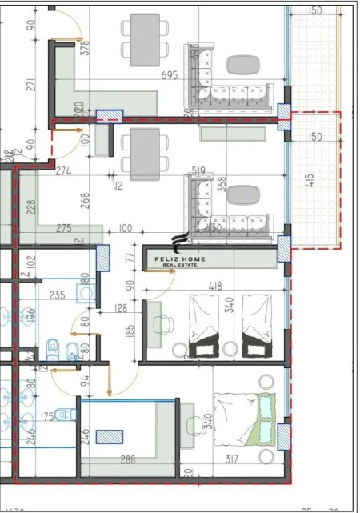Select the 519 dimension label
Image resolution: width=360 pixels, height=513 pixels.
pos(200,170)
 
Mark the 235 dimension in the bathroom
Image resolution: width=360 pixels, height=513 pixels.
pos(57,295)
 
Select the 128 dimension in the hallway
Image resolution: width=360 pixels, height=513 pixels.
pos(120,308)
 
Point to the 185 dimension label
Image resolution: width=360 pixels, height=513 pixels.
pos(130,330)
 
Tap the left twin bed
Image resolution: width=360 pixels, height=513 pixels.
pos(200,326)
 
